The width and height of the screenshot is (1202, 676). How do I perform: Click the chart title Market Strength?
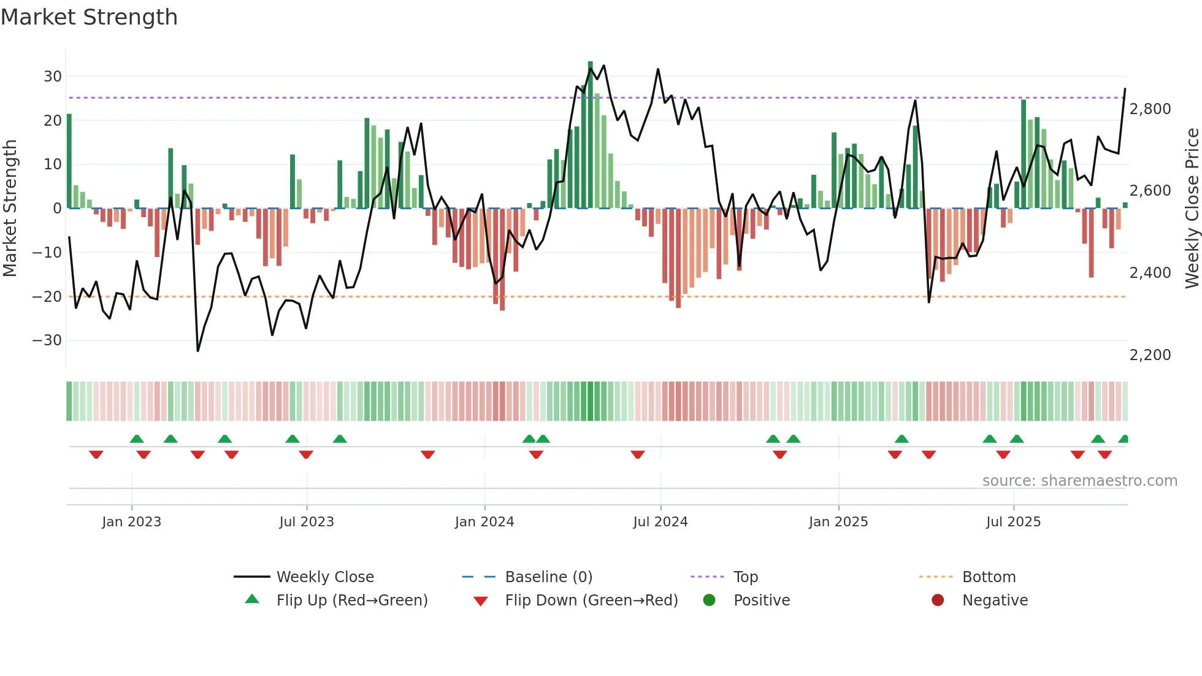pyautogui.click(x=89, y=17)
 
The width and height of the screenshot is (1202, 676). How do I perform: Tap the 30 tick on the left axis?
pyautogui.click(x=52, y=77)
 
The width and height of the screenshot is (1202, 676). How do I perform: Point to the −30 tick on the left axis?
pyautogui.click(x=47, y=340)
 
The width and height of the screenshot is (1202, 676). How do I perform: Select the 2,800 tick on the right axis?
pyautogui.click(x=1150, y=109)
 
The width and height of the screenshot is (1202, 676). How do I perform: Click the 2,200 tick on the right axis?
pyautogui.click(x=1150, y=355)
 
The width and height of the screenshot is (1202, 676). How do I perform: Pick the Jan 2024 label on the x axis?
pyautogui.click(x=484, y=522)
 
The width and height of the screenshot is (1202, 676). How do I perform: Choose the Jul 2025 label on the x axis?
pyautogui.click(x=1013, y=522)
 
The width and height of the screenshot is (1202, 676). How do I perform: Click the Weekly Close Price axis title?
pyautogui.click(x=1192, y=209)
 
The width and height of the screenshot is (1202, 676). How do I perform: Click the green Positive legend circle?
pyautogui.click(x=709, y=601)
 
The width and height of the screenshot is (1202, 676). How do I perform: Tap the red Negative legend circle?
pyautogui.click(x=938, y=601)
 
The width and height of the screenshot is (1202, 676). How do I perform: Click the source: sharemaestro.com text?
pyautogui.click(x=1079, y=481)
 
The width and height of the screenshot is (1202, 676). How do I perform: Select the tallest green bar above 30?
pyautogui.click(x=590, y=135)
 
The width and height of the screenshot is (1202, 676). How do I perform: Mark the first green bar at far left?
pyautogui.click(x=69, y=161)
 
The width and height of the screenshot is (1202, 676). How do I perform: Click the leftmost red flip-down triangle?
pyautogui.click(x=96, y=455)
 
